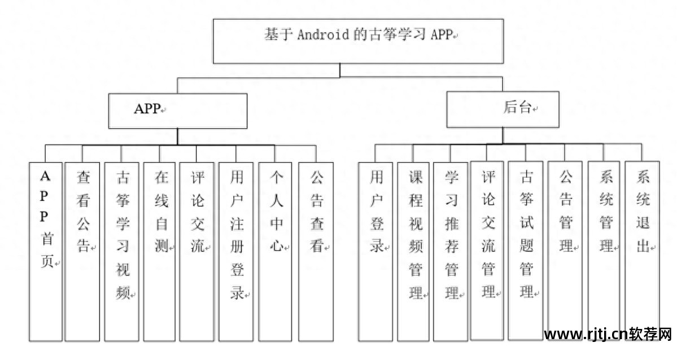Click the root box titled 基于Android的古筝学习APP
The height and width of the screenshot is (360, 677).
(x=357, y=41)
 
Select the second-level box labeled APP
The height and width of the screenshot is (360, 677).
(x=178, y=111)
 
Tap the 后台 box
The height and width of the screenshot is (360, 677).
(x=503, y=109)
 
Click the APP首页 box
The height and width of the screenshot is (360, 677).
(x=45, y=251)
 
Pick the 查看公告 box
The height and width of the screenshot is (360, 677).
(x=82, y=251)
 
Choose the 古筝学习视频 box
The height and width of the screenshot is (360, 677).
(x=122, y=251)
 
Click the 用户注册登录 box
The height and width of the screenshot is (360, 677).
(x=236, y=251)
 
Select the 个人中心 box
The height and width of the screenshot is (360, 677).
(x=276, y=251)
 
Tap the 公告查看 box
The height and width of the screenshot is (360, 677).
(x=316, y=251)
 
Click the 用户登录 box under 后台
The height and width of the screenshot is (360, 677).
(x=375, y=251)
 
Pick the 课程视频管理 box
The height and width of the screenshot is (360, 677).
(x=413, y=251)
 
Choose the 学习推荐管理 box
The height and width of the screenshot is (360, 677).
(x=451, y=251)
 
